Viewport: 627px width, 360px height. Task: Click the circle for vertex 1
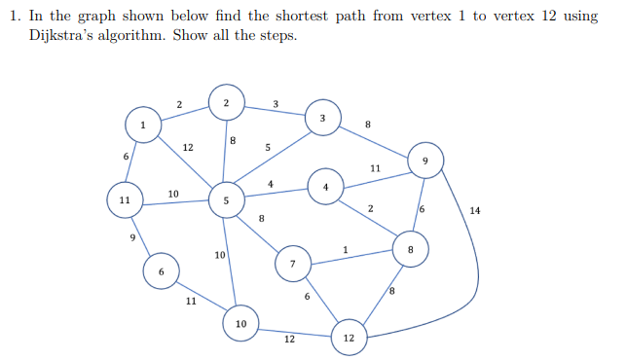pos(143,125)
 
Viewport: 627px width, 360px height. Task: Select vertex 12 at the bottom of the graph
pos(348,337)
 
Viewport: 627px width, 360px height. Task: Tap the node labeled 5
pos(226,200)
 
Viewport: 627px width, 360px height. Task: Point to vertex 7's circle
pos(292,264)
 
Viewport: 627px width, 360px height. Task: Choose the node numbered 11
pos(124,199)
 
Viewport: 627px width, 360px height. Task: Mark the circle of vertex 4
pos(325,186)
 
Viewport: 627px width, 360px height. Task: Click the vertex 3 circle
pos(322,117)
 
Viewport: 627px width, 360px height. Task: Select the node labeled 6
pos(161,271)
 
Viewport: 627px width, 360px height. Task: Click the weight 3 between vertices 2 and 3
pos(276,104)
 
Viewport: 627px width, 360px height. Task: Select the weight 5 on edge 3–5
pos(267,147)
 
